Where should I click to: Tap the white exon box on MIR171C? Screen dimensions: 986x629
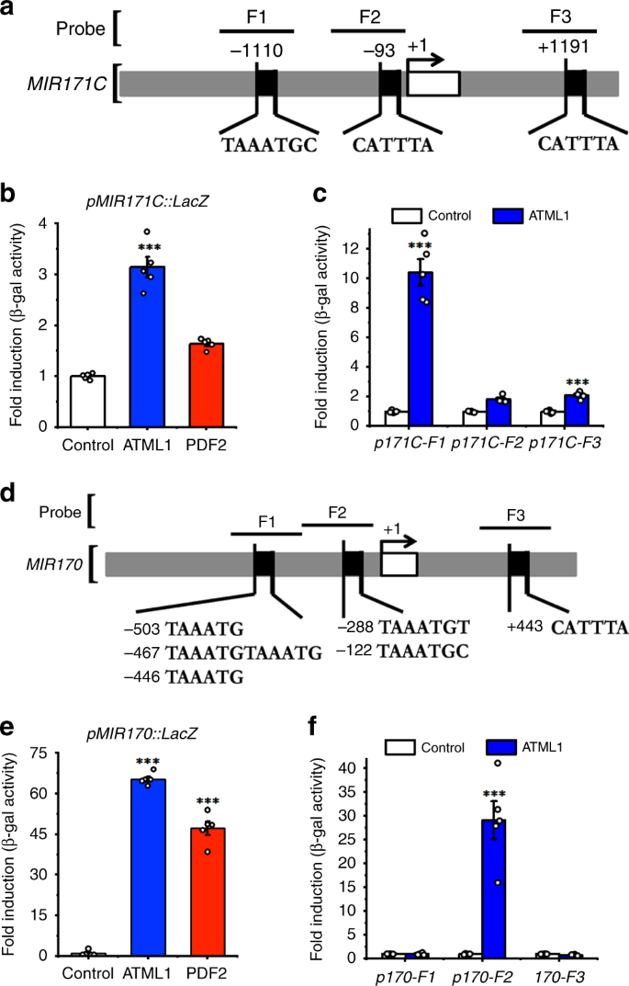tap(432, 84)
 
